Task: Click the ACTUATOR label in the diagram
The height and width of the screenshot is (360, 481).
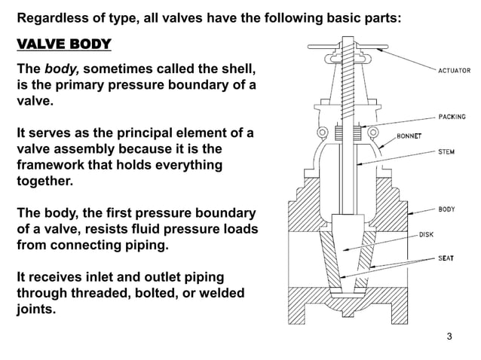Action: click(455, 70)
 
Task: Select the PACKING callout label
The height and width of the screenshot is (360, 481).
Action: click(452, 117)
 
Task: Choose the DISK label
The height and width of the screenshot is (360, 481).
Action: click(426, 234)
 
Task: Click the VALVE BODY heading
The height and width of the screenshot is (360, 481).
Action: click(64, 43)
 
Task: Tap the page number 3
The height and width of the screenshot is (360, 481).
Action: click(450, 336)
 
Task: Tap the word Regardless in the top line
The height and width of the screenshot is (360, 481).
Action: click(53, 16)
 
